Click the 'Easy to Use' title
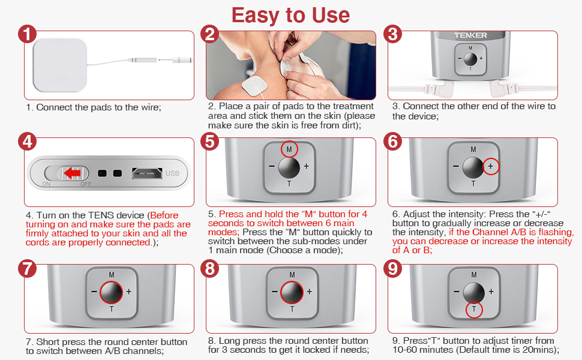(x=290, y=15)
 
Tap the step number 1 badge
(x=27, y=34)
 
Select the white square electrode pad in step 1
(x=60, y=65)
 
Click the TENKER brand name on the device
(x=470, y=35)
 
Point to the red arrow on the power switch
(x=72, y=173)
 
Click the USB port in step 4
(x=147, y=173)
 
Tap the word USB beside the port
(x=172, y=173)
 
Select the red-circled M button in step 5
(x=289, y=149)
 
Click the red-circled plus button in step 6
(x=491, y=167)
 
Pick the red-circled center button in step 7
(x=112, y=292)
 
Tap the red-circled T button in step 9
(x=474, y=309)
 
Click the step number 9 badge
(x=393, y=269)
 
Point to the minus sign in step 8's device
(x=275, y=292)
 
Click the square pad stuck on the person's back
(x=254, y=86)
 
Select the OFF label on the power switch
(x=86, y=184)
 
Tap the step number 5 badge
(x=210, y=142)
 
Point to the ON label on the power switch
(x=46, y=184)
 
